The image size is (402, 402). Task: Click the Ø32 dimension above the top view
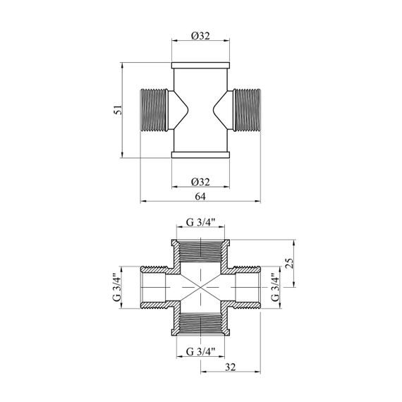point(200,36)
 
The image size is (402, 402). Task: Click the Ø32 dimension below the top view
point(200,182)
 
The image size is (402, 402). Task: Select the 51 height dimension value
point(118,110)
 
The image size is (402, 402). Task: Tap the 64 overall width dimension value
point(200,197)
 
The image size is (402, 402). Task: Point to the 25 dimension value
point(289,263)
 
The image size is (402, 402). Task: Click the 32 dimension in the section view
point(230,367)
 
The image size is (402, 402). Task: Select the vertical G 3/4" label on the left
point(116,288)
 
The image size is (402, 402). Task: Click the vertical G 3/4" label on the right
point(275,288)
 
